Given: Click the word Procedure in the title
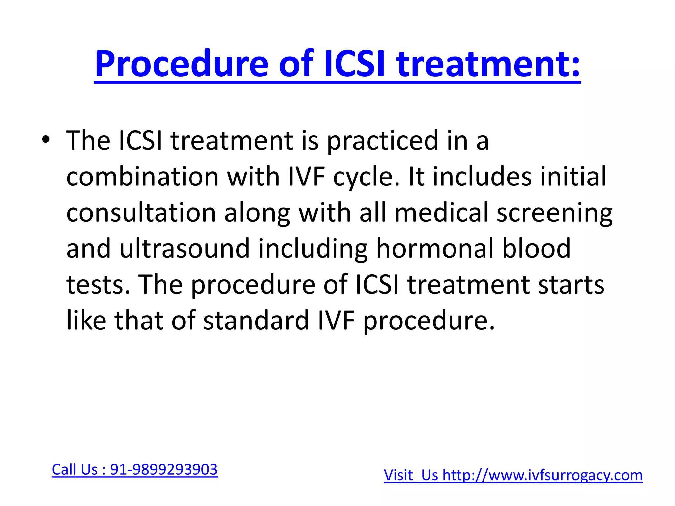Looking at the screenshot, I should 181,64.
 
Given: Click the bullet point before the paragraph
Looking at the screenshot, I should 46,141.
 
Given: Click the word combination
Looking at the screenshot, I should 142,177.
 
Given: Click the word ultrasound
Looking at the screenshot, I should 184,248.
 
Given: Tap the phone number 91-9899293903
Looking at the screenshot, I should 164,469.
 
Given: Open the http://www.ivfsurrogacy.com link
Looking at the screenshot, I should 543,475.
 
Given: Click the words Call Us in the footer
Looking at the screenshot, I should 75,469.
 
